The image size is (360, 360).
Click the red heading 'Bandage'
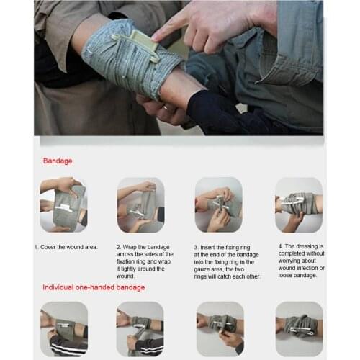pyautogui.click(x=58, y=161)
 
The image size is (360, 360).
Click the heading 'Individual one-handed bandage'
pyautogui.click(x=94, y=287)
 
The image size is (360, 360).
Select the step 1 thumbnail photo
pyautogui.click(x=63, y=204)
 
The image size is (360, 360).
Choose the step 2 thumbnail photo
pyautogui.click(x=140, y=204)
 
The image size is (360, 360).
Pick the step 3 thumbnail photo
pyautogui.click(x=218, y=204)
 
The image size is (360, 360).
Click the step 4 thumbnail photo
pyautogui.click(x=297, y=204)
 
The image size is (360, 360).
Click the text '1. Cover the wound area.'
pyautogui.click(x=66, y=247)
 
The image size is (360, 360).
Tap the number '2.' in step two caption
pyautogui.click(x=119, y=247)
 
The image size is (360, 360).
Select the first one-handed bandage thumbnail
pyautogui.click(x=63, y=328)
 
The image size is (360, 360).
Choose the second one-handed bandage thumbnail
pyautogui.click(x=140, y=328)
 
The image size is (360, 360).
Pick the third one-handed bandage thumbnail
pyautogui.click(x=220, y=328)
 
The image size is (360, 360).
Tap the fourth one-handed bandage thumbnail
pyautogui.click(x=298, y=328)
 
